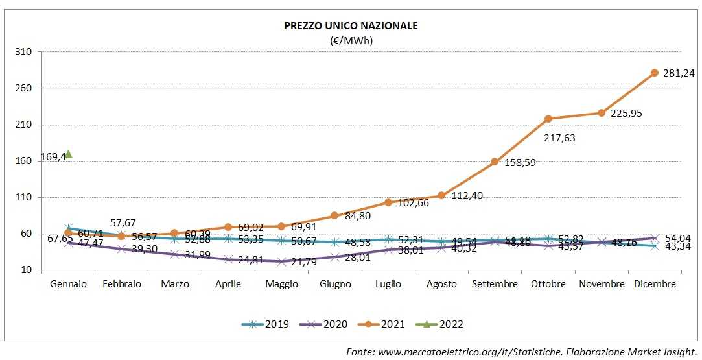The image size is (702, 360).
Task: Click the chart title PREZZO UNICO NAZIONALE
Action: click(x=351, y=26)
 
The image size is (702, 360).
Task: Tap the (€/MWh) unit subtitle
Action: click(x=351, y=40)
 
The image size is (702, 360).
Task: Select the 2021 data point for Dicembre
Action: click(x=655, y=73)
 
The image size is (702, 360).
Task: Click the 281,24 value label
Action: click(x=679, y=74)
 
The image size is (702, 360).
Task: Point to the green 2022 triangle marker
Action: click(x=68, y=154)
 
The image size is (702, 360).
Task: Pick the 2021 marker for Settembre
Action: click(x=495, y=162)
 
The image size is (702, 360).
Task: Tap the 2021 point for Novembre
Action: click(x=602, y=113)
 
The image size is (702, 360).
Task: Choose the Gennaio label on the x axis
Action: click(x=68, y=284)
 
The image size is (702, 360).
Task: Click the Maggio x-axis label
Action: click(x=281, y=284)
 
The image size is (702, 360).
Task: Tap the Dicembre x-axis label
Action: click(x=655, y=284)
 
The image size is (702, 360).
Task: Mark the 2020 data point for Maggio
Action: click(x=281, y=261)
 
